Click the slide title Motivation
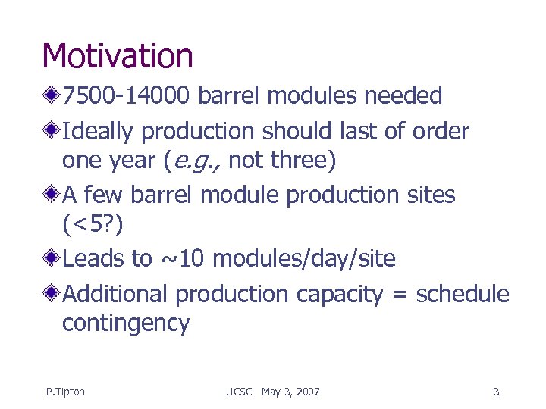click(x=118, y=56)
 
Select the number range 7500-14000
click(x=130, y=96)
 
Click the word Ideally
click(x=99, y=132)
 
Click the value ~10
click(x=185, y=259)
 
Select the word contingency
click(x=125, y=323)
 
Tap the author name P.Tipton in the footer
click(x=65, y=392)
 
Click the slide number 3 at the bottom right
click(x=496, y=392)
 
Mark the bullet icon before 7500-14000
click(x=52, y=96)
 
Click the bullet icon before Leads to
click(x=52, y=259)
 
